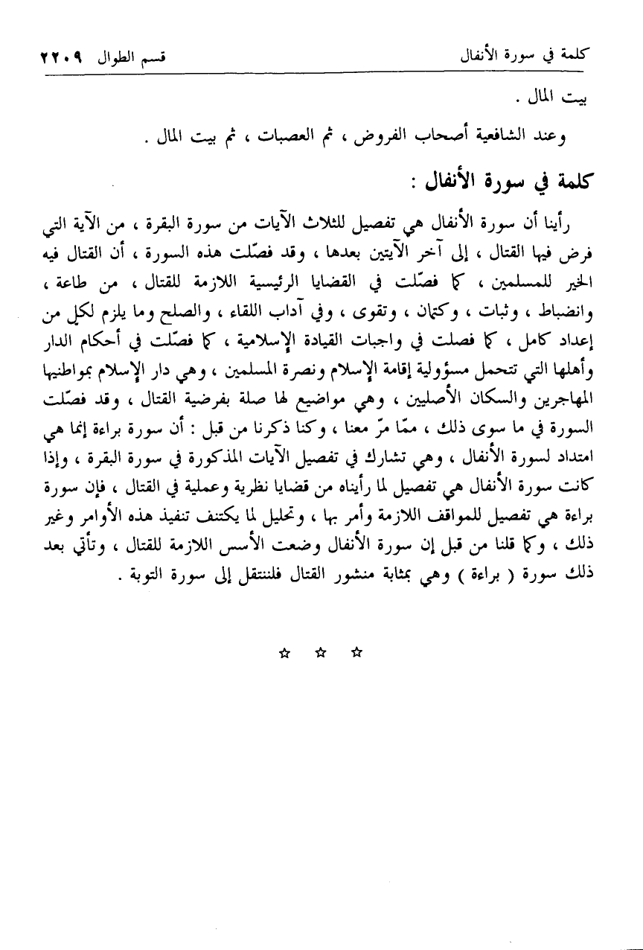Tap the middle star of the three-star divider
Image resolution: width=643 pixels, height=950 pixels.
click(321, 653)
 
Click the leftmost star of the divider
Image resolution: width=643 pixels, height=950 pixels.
click(284, 653)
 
